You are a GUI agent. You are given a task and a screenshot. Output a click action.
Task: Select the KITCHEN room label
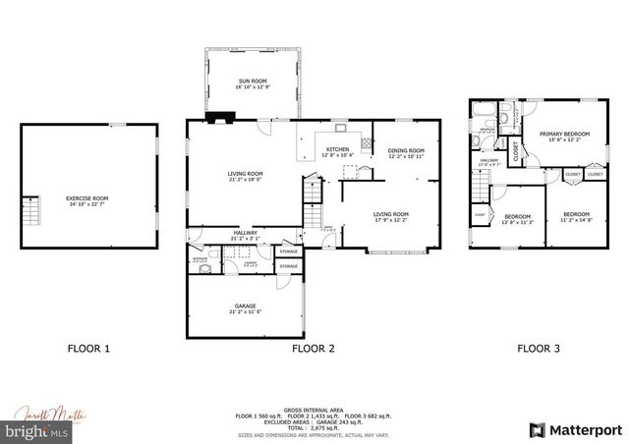[337, 150]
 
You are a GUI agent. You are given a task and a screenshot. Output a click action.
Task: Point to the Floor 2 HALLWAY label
[217, 234]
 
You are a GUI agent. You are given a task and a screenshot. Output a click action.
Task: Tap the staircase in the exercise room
[30, 210]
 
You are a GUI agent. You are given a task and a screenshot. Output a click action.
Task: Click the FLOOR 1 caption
[88, 348]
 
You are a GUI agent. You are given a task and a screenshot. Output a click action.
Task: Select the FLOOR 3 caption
[540, 348]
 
